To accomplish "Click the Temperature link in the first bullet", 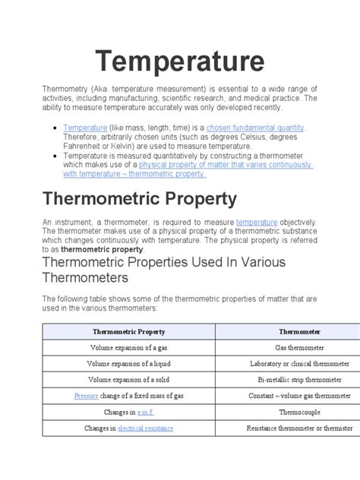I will click(x=85, y=128).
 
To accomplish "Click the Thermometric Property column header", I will click(x=128, y=332).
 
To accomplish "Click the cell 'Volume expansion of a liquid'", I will click(x=128, y=364).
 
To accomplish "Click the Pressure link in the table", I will click(x=87, y=396).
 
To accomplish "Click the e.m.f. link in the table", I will click(x=146, y=412).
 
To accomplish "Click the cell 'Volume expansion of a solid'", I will click(x=128, y=380).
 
